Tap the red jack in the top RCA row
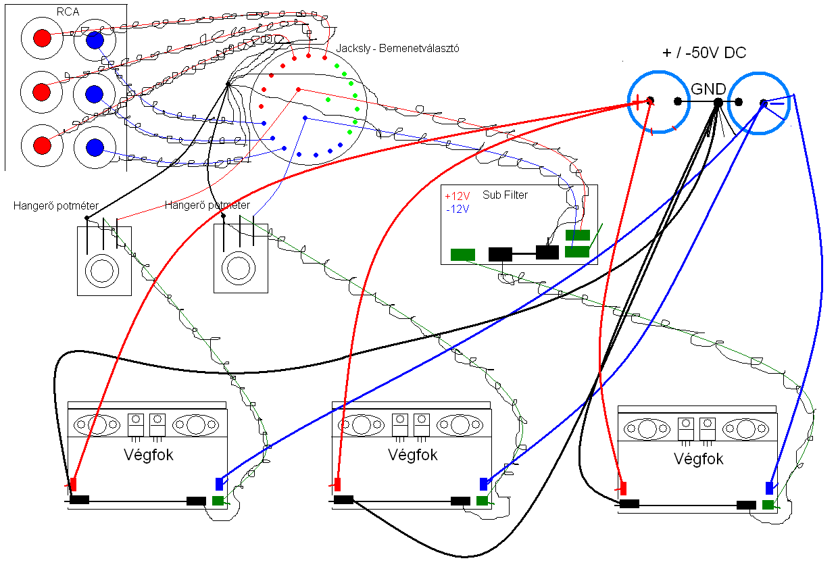(x=42, y=39)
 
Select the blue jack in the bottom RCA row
(x=95, y=147)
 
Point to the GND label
(x=708, y=89)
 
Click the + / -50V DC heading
(x=704, y=54)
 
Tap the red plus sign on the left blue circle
(x=637, y=102)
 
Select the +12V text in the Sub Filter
(x=458, y=196)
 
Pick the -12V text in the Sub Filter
(x=458, y=209)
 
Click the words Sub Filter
(x=505, y=195)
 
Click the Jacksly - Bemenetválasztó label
(x=397, y=49)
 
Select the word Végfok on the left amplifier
(x=149, y=455)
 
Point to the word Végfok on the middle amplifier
(x=413, y=455)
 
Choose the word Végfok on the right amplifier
(x=699, y=459)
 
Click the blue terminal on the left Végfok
(x=218, y=483)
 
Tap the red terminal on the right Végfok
(x=623, y=488)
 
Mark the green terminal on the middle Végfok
(x=482, y=501)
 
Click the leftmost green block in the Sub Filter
(x=463, y=255)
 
